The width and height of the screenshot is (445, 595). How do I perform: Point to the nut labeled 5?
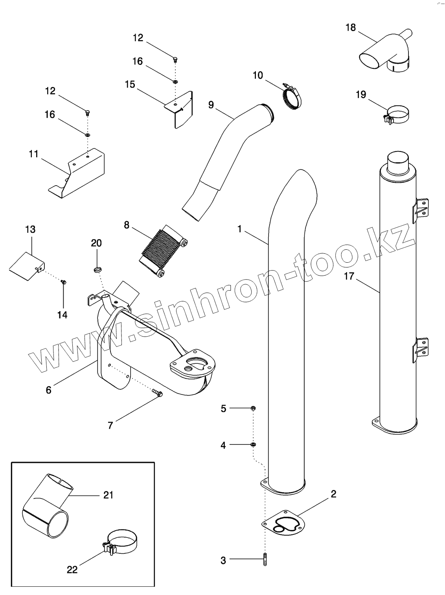253,409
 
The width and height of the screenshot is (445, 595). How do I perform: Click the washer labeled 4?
253,445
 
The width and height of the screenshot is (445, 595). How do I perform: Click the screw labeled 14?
63,282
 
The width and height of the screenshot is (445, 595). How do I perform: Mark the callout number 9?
211,105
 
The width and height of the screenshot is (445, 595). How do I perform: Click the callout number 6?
48,390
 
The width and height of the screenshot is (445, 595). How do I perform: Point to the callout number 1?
239,229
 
